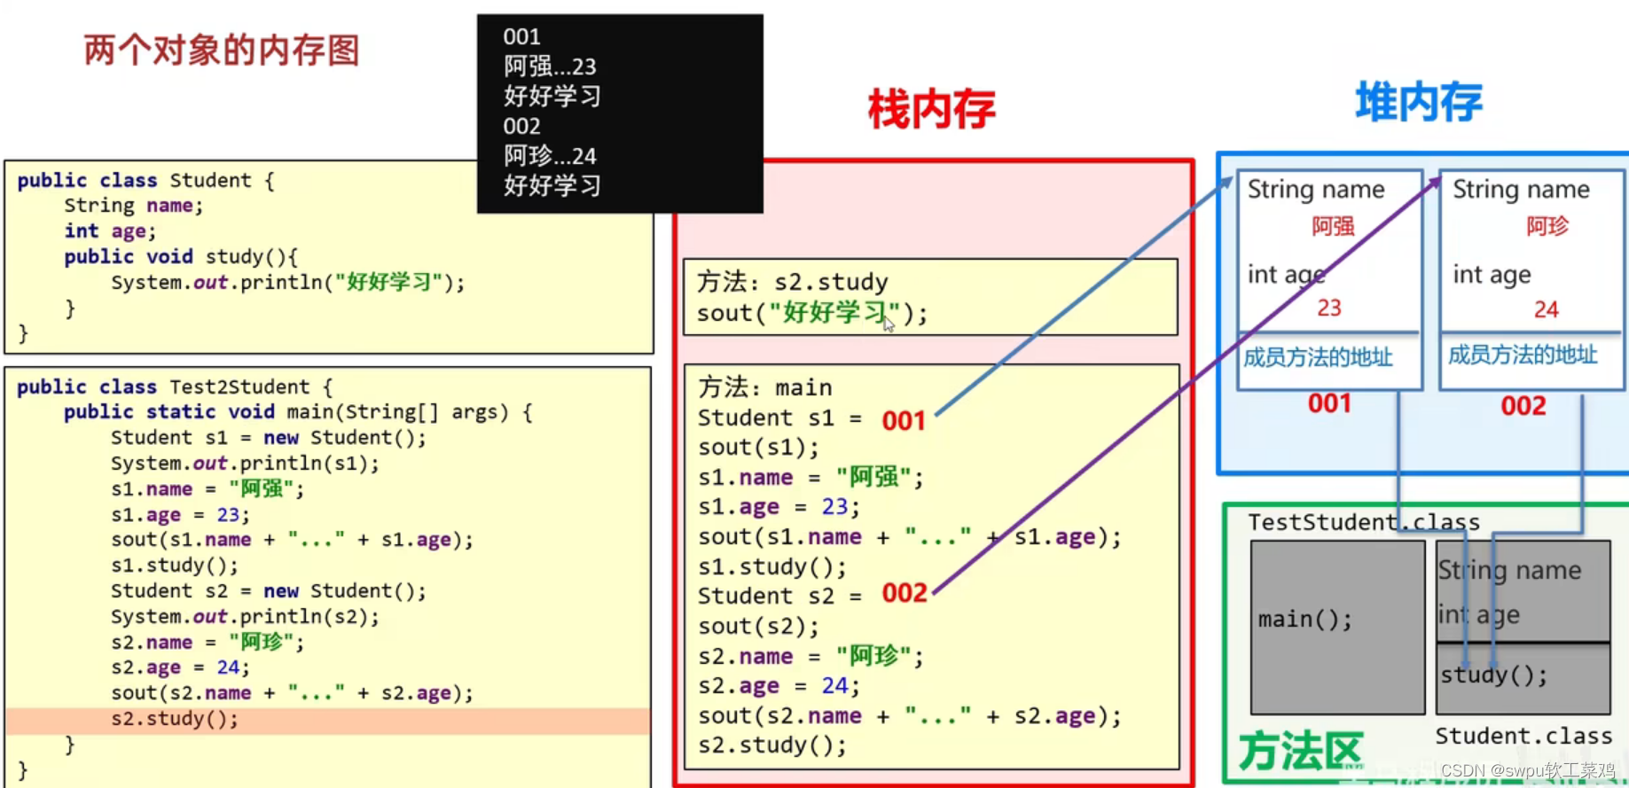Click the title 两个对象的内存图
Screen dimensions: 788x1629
click(x=222, y=51)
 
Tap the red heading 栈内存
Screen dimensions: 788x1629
click(x=931, y=110)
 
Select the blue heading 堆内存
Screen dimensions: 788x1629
click(x=1419, y=103)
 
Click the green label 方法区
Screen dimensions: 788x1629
click(x=1300, y=752)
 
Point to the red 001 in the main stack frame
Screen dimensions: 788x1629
click(x=904, y=420)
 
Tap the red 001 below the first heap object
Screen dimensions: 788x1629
click(x=1329, y=404)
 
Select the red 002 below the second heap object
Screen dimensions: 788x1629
click(x=1523, y=406)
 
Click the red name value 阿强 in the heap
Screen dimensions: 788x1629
click(x=1333, y=227)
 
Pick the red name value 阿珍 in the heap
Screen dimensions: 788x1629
click(x=1547, y=227)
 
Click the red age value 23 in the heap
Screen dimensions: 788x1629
click(x=1328, y=308)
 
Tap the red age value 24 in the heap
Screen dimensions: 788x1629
click(x=1546, y=309)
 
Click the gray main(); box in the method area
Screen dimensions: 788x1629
click(x=1337, y=626)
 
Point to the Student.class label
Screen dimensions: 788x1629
click(x=1523, y=736)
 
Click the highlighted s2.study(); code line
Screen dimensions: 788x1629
click(x=175, y=719)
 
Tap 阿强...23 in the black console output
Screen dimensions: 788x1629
click(x=550, y=66)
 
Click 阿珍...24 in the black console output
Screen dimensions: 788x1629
click(x=550, y=156)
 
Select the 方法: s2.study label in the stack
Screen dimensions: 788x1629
click(x=792, y=282)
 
